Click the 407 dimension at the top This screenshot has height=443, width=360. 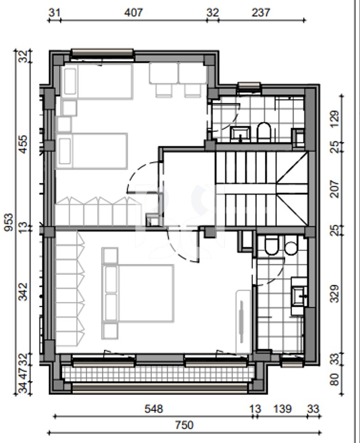tap(133, 12)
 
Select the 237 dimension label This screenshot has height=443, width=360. tap(260, 12)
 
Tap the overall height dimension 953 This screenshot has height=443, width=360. tap(9, 222)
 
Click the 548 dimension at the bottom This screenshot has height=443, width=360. tap(154, 409)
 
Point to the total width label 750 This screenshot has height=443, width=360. tap(184, 425)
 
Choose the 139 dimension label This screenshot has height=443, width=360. tap(282, 409)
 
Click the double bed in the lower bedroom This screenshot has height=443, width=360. tap(138, 293)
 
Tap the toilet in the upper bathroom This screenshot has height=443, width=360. tap(264, 132)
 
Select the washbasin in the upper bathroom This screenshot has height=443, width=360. tap(240, 134)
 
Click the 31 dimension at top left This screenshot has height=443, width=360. tap(54, 12)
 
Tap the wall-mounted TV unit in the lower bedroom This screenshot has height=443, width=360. tap(243, 322)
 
